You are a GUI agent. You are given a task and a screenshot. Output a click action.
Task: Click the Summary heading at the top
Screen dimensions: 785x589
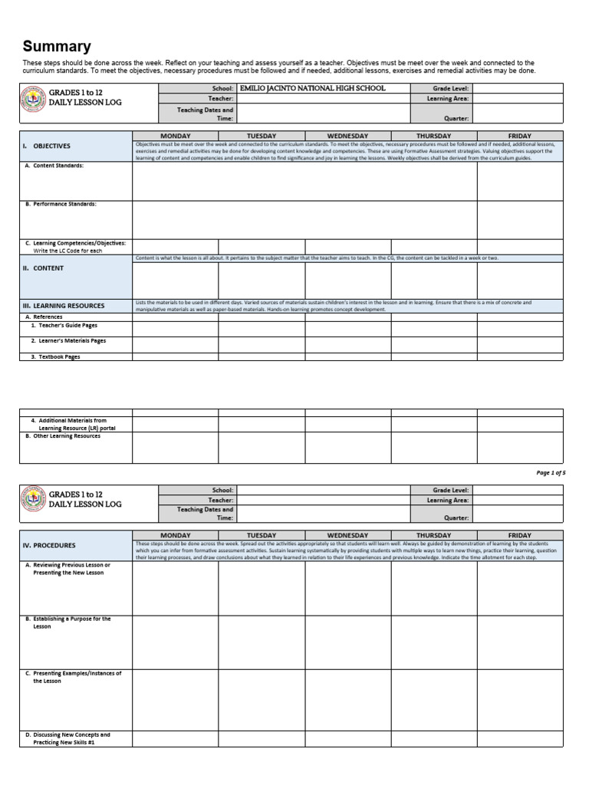coord(57,47)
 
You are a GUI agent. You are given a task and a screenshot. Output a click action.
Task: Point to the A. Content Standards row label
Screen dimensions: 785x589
coord(54,166)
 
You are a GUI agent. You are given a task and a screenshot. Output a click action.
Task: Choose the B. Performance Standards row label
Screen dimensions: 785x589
coord(61,205)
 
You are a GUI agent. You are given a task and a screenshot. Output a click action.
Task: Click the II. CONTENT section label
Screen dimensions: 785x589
coord(43,268)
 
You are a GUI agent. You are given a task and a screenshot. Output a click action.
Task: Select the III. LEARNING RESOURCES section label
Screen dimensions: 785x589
coord(63,306)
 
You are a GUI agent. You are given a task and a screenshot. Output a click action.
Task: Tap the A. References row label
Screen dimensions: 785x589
coord(44,317)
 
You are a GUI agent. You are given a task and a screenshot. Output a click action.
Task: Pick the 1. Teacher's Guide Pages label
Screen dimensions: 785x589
coord(64,325)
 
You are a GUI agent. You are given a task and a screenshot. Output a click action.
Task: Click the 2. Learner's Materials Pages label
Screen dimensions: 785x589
coord(68,340)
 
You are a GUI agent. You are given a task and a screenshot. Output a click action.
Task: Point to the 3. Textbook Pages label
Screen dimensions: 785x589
coord(55,356)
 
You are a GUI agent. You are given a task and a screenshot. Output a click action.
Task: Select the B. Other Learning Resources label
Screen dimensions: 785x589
coord(62,436)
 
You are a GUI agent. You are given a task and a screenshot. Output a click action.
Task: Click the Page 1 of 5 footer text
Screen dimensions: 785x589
coord(550,473)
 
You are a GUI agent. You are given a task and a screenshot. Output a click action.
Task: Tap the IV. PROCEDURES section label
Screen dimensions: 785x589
coord(49,545)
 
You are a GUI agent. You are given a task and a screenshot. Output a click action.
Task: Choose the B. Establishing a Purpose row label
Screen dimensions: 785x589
coord(68,622)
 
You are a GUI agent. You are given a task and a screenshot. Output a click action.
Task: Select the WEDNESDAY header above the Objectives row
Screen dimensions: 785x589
coord(347,136)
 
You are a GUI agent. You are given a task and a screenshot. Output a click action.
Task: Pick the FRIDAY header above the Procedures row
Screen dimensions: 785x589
coord(519,535)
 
